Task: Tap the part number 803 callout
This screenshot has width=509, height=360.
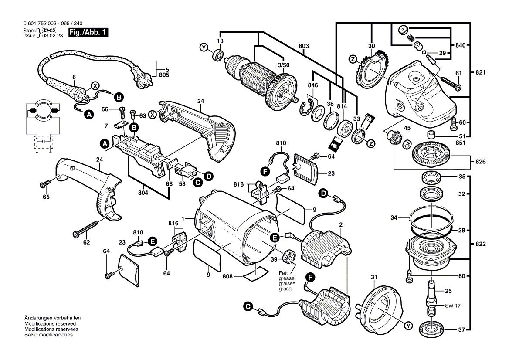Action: coord(304,46)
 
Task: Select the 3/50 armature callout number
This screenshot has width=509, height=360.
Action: coord(283,65)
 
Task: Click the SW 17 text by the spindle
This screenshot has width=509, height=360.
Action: coord(452,306)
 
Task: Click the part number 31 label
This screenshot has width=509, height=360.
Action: coord(373,277)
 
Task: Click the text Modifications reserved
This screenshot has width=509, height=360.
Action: coord(50,324)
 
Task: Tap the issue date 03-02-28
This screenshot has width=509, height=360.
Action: coord(51,36)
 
